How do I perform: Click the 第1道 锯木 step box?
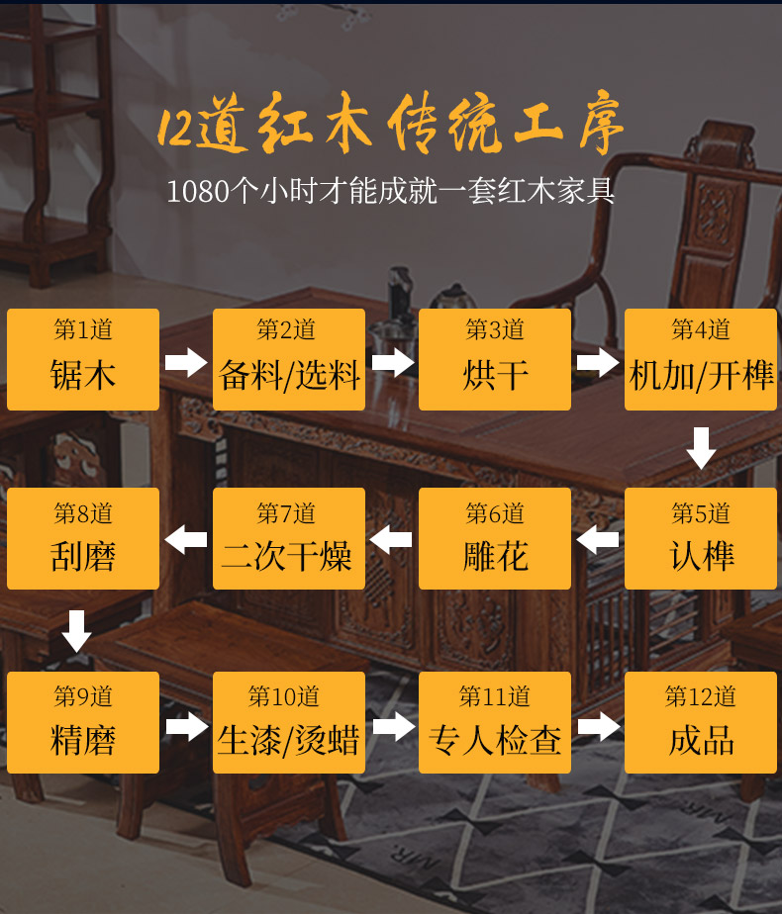[83, 359]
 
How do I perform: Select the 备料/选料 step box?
[289, 359]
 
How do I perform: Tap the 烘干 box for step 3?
[495, 359]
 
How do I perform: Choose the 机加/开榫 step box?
[701, 359]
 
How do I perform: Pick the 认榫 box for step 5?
[701, 538]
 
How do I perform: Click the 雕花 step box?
[495, 538]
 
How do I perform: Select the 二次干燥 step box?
[289, 538]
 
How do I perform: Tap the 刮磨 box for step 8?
[83, 538]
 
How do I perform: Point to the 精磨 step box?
[83, 722]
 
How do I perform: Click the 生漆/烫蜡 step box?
[289, 722]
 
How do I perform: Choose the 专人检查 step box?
[495, 722]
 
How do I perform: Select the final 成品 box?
[701, 722]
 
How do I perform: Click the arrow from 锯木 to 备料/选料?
[186, 362]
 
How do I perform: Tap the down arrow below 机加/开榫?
[701, 448]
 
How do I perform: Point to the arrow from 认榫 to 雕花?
[598, 540]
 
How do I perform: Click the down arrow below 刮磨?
[76, 630]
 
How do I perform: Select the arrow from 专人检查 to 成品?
[598, 727]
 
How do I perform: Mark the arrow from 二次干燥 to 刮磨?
[186, 540]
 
